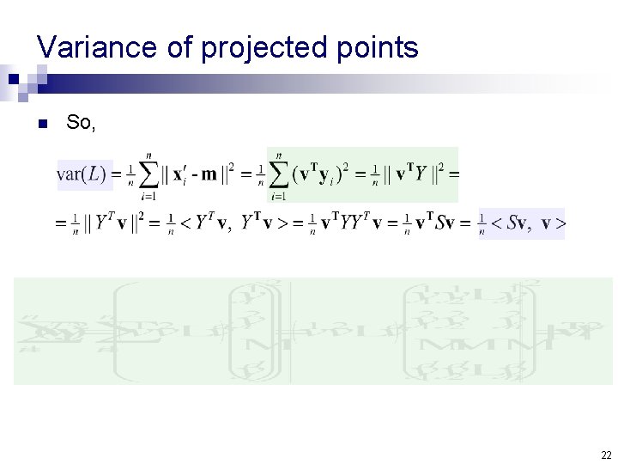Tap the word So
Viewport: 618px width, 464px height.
tap(81, 123)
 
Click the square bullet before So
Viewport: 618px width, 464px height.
tap(41, 124)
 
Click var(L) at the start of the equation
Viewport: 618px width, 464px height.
tap(82, 175)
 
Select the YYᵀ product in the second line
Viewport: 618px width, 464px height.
tap(354, 224)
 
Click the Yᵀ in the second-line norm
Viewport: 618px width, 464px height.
tap(105, 224)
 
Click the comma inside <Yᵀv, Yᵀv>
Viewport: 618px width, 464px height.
tap(229, 228)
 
